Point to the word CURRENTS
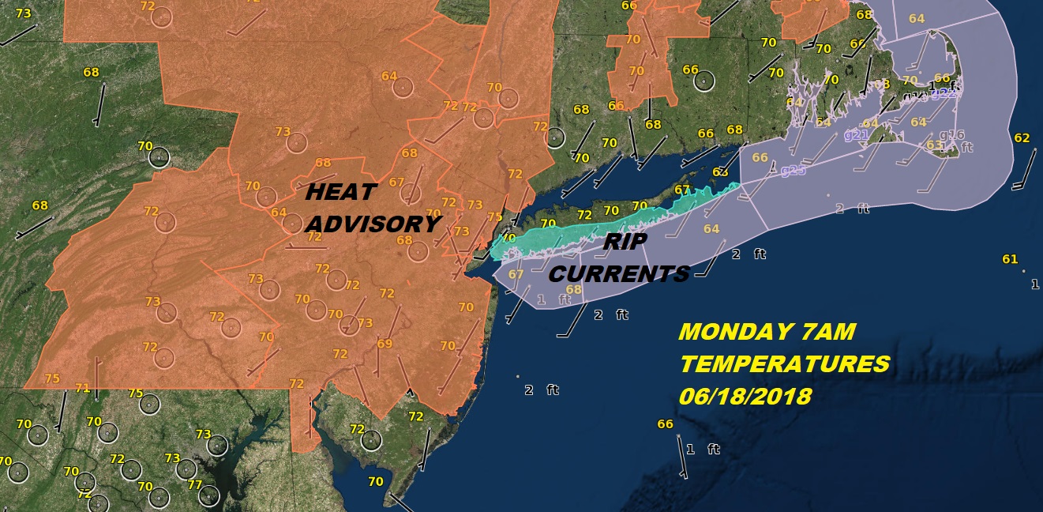tap(619, 274)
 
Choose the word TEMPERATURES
tap(784, 364)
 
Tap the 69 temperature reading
tap(385, 343)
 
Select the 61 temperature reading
tap(1009, 259)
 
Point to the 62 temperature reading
tap(1022, 138)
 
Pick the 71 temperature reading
tap(83, 387)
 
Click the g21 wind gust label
tap(856, 135)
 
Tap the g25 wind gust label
tap(793, 170)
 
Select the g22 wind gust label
tap(944, 93)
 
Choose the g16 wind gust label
tap(952, 134)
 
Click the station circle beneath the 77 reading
tap(209, 495)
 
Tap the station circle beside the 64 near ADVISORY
tap(293, 224)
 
